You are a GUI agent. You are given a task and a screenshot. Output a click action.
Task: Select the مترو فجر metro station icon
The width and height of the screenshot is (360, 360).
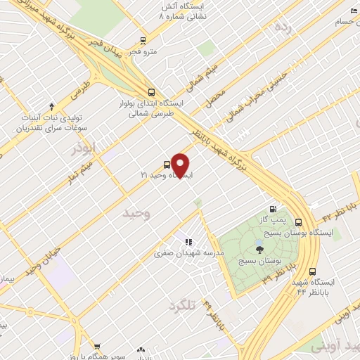tap(143, 40)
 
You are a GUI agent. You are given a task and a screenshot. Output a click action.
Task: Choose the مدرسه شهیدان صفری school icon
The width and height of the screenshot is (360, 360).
tap(188, 243)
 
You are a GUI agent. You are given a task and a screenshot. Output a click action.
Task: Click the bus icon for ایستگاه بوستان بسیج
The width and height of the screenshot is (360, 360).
tap(299, 221)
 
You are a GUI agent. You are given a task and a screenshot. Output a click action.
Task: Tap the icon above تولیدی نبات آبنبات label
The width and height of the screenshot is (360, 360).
tap(51, 107)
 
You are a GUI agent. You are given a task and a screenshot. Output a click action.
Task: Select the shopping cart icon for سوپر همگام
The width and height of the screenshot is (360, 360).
tap(97, 347)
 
